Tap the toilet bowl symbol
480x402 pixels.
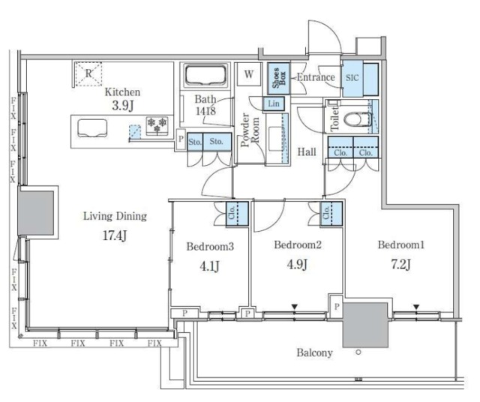(x=358, y=119)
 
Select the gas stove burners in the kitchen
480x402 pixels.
(x=157, y=125)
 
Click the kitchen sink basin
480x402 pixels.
(x=92, y=128)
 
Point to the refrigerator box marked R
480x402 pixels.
(x=88, y=73)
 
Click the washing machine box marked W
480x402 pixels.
(x=249, y=74)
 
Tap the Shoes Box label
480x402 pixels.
(x=278, y=78)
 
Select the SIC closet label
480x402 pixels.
(x=352, y=77)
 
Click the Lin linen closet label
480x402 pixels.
(x=273, y=103)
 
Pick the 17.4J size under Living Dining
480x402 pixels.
(x=115, y=235)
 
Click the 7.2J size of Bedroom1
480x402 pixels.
(x=400, y=264)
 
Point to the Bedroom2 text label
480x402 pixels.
(x=298, y=244)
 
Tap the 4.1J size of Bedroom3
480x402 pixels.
(x=209, y=266)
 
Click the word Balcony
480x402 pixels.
(x=314, y=352)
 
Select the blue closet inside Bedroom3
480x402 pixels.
(x=237, y=214)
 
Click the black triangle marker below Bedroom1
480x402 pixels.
(x=415, y=307)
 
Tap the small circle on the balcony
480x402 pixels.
(x=358, y=352)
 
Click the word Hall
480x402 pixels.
(x=307, y=151)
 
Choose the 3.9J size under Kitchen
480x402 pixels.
(x=123, y=106)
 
